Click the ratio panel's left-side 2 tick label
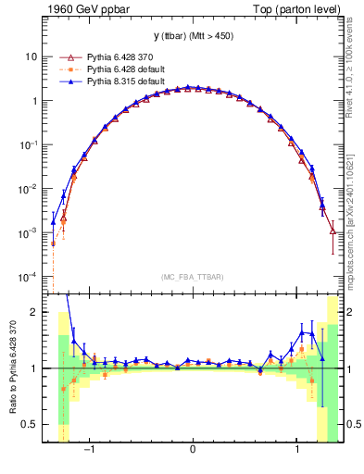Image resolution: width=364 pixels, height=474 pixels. pyautogui.click(x=33, y=313)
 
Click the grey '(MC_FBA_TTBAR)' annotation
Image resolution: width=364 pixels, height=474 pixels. pyautogui.click(x=193, y=276)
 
